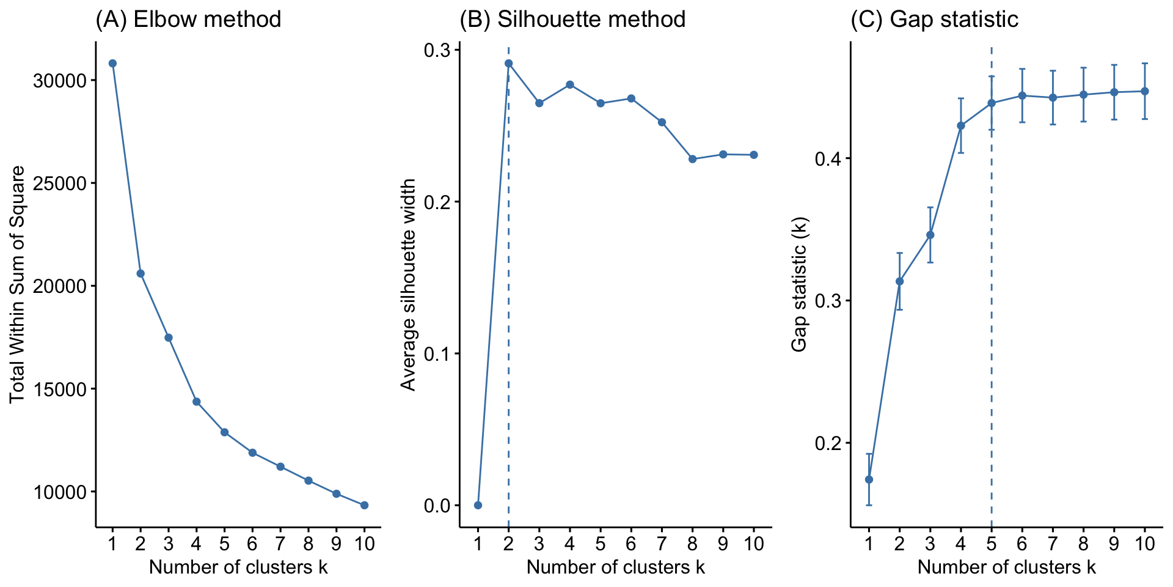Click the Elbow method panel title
tap(188, 20)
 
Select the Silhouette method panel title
tap(572, 20)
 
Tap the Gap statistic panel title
tap(935, 20)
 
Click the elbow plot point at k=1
tap(112, 63)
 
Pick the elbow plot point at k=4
tap(197, 402)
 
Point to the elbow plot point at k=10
tap(365, 505)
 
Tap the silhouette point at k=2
tap(508, 63)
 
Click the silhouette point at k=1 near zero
tap(478, 505)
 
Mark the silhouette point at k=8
tap(692, 159)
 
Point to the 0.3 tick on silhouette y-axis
tap(437, 50)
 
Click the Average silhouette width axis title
tap(408, 284)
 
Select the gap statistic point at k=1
tap(869, 479)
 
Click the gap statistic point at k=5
tap(992, 103)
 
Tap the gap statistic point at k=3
tap(930, 235)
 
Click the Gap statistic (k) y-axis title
tap(799, 284)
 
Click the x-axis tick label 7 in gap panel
tap(1053, 544)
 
